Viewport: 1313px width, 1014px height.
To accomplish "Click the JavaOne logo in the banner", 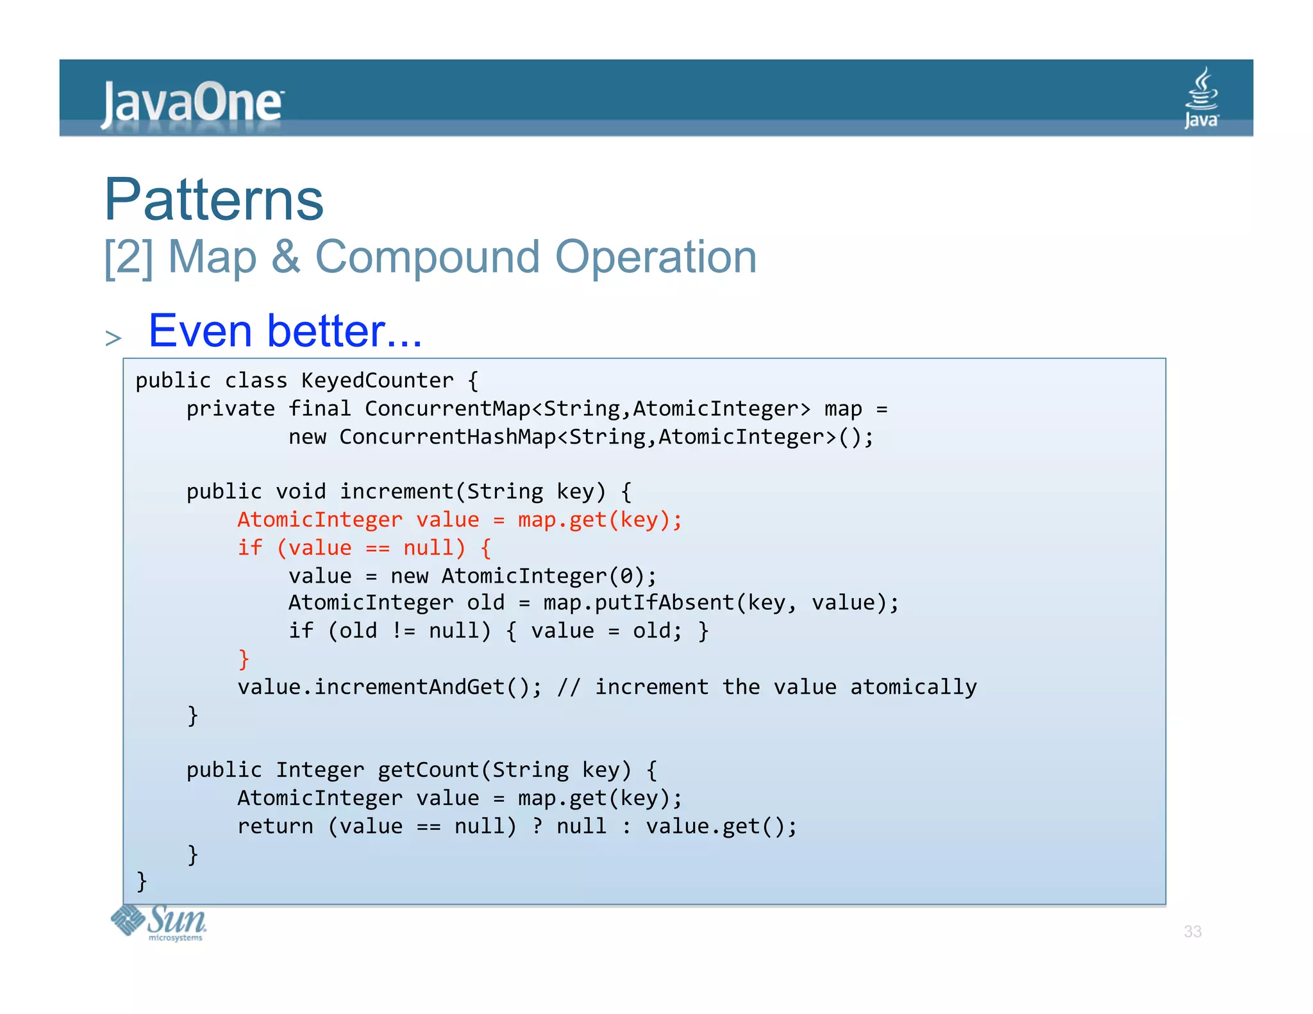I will tap(192, 103).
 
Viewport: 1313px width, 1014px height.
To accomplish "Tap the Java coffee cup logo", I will tap(1201, 97).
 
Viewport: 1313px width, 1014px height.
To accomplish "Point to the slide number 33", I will tap(1192, 931).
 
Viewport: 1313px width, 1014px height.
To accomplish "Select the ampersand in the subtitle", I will tap(286, 257).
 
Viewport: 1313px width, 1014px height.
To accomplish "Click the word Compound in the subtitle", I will tap(428, 257).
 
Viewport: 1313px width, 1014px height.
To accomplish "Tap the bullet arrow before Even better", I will tap(113, 338).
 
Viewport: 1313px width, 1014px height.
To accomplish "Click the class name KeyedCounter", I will tap(377, 381).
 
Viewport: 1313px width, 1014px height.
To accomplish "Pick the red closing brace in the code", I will tap(244, 659).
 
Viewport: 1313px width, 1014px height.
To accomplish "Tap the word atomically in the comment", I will tap(913, 687).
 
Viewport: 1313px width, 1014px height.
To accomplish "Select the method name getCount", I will tap(428, 770).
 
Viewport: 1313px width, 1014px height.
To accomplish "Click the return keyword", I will tap(275, 826).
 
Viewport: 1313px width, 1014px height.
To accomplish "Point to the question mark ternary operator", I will tap(537, 826).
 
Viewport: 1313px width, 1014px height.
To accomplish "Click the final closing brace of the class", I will tap(142, 882).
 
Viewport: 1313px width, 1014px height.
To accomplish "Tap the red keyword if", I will tap(250, 548).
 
